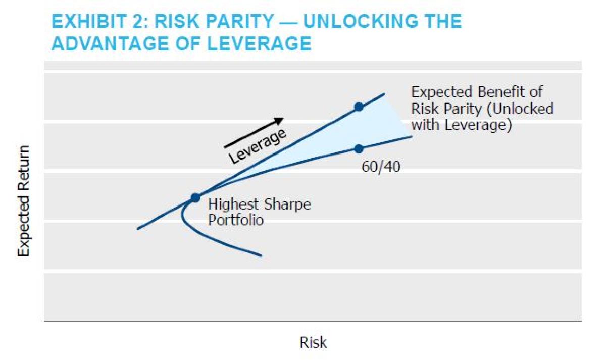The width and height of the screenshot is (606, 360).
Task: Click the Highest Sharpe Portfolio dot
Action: [x=195, y=197]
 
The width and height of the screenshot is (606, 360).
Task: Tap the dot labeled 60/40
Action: [x=359, y=148]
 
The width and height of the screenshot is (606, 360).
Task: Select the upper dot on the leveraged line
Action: [x=359, y=107]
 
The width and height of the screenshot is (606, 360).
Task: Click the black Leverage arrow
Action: [x=254, y=133]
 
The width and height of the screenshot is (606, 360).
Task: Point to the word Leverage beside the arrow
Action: [x=258, y=146]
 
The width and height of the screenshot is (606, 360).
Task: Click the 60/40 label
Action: [x=381, y=167]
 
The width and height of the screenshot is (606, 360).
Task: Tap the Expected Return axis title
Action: [x=24, y=201]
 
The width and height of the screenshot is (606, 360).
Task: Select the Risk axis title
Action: [x=313, y=342]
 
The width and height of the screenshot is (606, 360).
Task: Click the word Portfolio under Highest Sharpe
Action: [x=235, y=221]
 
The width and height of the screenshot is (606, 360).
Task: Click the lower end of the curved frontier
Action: [x=260, y=255]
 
